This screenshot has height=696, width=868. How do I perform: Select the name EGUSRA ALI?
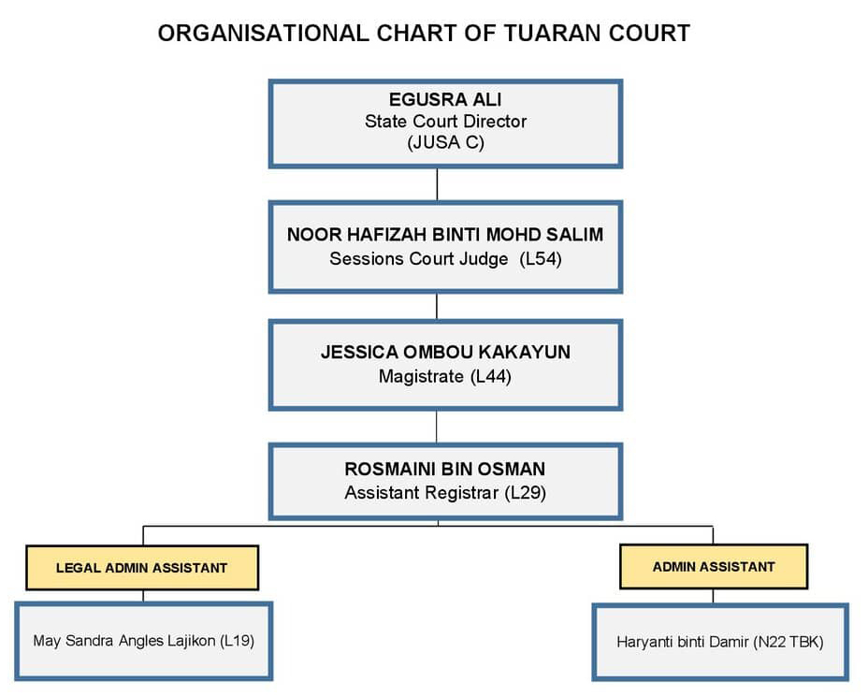pyautogui.click(x=445, y=100)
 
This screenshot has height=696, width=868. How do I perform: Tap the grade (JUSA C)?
pyautogui.click(x=445, y=143)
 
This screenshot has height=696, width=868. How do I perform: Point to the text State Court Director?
pyautogui.click(x=445, y=122)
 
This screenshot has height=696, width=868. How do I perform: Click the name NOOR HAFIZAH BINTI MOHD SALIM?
pyautogui.click(x=445, y=235)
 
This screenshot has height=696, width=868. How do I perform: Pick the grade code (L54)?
pyautogui.click(x=541, y=259)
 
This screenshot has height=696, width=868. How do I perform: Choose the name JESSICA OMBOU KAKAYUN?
pyautogui.click(x=445, y=352)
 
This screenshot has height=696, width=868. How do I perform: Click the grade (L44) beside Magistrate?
pyautogui.click(x=490, y=377)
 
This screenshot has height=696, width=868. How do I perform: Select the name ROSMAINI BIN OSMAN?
pyautogui.click(x=445, y=470)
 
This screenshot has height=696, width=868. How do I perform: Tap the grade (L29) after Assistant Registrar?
pyautogui.click(x=526, y=493)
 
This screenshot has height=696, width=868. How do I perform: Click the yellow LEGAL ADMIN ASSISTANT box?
pyautogui.click(x=142, y=568)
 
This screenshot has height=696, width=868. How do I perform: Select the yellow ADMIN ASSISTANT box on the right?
pyautogui.click(x=714, y=567)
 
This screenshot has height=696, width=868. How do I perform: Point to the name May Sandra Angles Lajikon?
pyautogui.click(x=124, y=641)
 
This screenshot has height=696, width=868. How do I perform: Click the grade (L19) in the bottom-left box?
pyautogui.click(x=237, y=641)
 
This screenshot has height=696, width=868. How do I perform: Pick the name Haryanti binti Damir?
pyautogui.click(x=683, y=643)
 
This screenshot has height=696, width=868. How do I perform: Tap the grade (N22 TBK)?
pyautogui.click(x=788, y=643)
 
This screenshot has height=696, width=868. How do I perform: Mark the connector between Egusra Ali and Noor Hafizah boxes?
pyautogui.click(x=438, y=185)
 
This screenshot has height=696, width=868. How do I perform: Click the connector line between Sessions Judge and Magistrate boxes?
pyautogui.click(x=437, y=307)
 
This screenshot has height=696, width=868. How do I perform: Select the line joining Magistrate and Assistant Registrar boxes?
pyautogui.click(x=437, y=427)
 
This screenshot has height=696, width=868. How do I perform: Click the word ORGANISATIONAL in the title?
pyautogui.click(x=263, y=34)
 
